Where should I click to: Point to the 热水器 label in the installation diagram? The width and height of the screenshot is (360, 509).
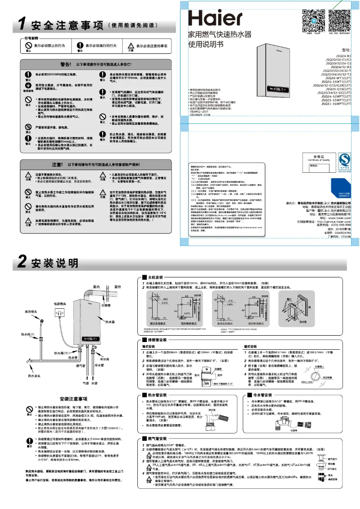pyautogui.click(x=110, y=322)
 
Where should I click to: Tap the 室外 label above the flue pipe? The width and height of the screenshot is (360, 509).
pyautogui.click(x=117, y=286)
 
